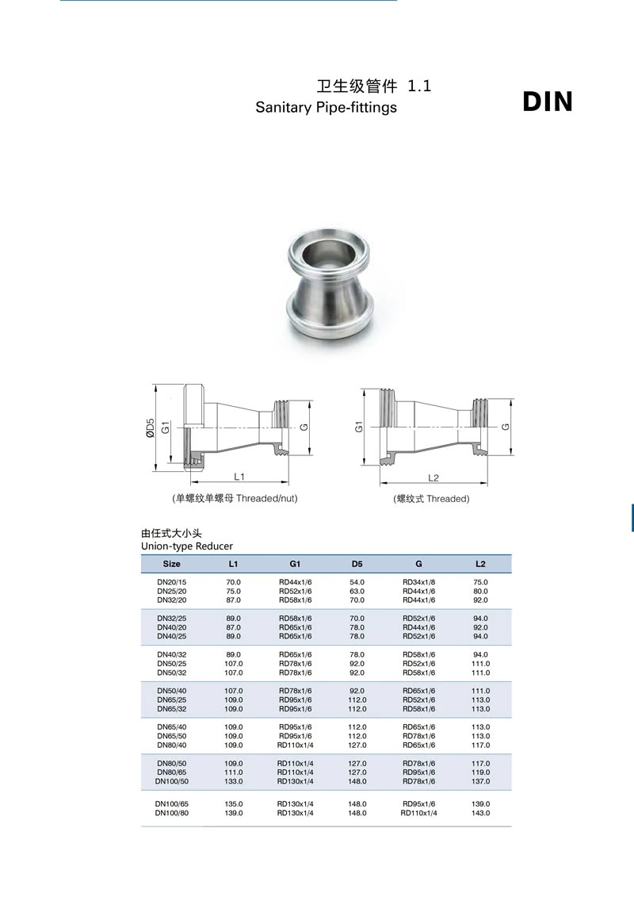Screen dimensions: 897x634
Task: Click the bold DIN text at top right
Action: tap(548, 102)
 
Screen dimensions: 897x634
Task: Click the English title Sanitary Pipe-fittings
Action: tap(326, 107)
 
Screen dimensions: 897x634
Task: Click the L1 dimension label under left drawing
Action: tap(239, 477)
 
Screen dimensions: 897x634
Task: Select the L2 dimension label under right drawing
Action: tap(433, 477)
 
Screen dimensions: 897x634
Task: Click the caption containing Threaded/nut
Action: tap(229, 499)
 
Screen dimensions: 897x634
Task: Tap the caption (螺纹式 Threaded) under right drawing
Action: tap(431, 499)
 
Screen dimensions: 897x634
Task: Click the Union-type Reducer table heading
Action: tap(187, 546)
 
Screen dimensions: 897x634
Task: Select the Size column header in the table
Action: tap(171, 564)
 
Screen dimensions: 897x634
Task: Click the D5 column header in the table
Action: tap(357, 564)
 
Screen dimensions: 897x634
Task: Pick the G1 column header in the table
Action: tap(295, 564)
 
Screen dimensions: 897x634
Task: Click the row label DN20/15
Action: tap(171, 582)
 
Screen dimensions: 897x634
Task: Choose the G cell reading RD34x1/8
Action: tap(418, 582)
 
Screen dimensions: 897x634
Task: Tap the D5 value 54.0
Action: tap(357, 582)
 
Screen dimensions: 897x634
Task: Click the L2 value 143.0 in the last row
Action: tap(480, 813)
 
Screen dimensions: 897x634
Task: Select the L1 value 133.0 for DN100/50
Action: tap(233, 781)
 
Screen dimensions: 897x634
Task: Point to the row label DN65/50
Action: tap(171, 736)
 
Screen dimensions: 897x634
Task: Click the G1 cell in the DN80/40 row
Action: tap(295, 745)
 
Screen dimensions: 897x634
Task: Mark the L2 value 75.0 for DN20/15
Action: tap(480, 582)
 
